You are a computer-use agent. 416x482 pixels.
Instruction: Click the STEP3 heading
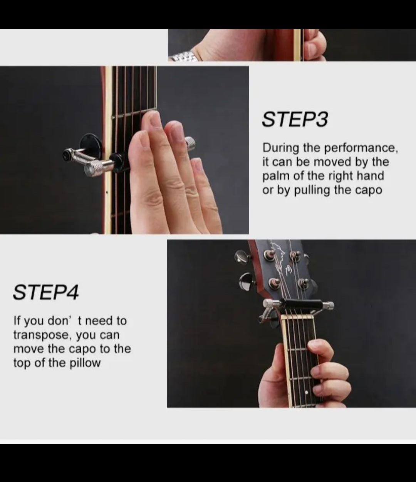point(295,119)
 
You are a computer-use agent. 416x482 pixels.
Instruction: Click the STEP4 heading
point(46,292)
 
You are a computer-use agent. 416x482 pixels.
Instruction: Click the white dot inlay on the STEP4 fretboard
point(307,392)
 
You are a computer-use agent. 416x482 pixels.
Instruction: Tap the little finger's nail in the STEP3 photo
point(196,165)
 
